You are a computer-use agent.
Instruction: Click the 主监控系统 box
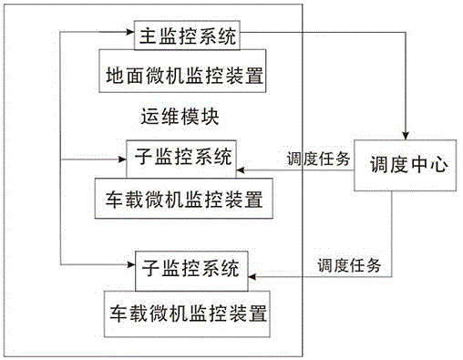(x=187, y=37)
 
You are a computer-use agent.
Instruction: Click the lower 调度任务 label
(x=349, y=266)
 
